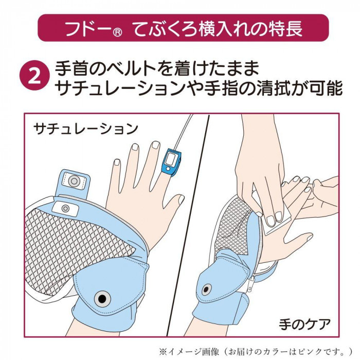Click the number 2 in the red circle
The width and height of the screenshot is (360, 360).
click(35, 75)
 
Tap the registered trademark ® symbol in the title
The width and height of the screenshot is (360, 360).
click(117, 32)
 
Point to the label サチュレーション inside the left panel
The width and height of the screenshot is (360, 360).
click(85, 129)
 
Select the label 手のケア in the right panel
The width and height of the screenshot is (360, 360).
click(304, 324)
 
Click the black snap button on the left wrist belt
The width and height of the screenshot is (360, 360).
click(102, 299)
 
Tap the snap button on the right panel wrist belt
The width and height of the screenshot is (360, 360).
click(207, 289)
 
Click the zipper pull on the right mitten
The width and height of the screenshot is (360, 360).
click(252, 282)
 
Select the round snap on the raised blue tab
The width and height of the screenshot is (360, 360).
click(74, 181)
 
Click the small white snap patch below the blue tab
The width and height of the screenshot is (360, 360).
click(65, 208)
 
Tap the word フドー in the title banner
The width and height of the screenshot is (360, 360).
click(88, 29)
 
